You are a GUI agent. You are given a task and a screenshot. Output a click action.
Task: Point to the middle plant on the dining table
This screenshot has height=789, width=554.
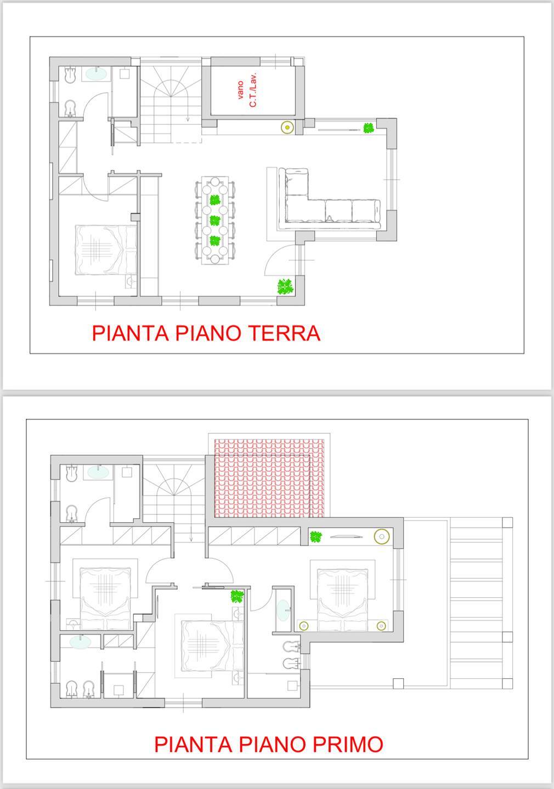[214, 221]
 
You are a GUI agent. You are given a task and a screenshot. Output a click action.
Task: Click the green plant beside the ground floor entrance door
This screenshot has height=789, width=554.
[285, 287]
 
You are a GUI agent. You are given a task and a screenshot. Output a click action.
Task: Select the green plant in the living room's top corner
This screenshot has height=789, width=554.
[369, 128]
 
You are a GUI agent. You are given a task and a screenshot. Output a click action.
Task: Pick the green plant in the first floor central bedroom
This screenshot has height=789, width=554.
[237, 596]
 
